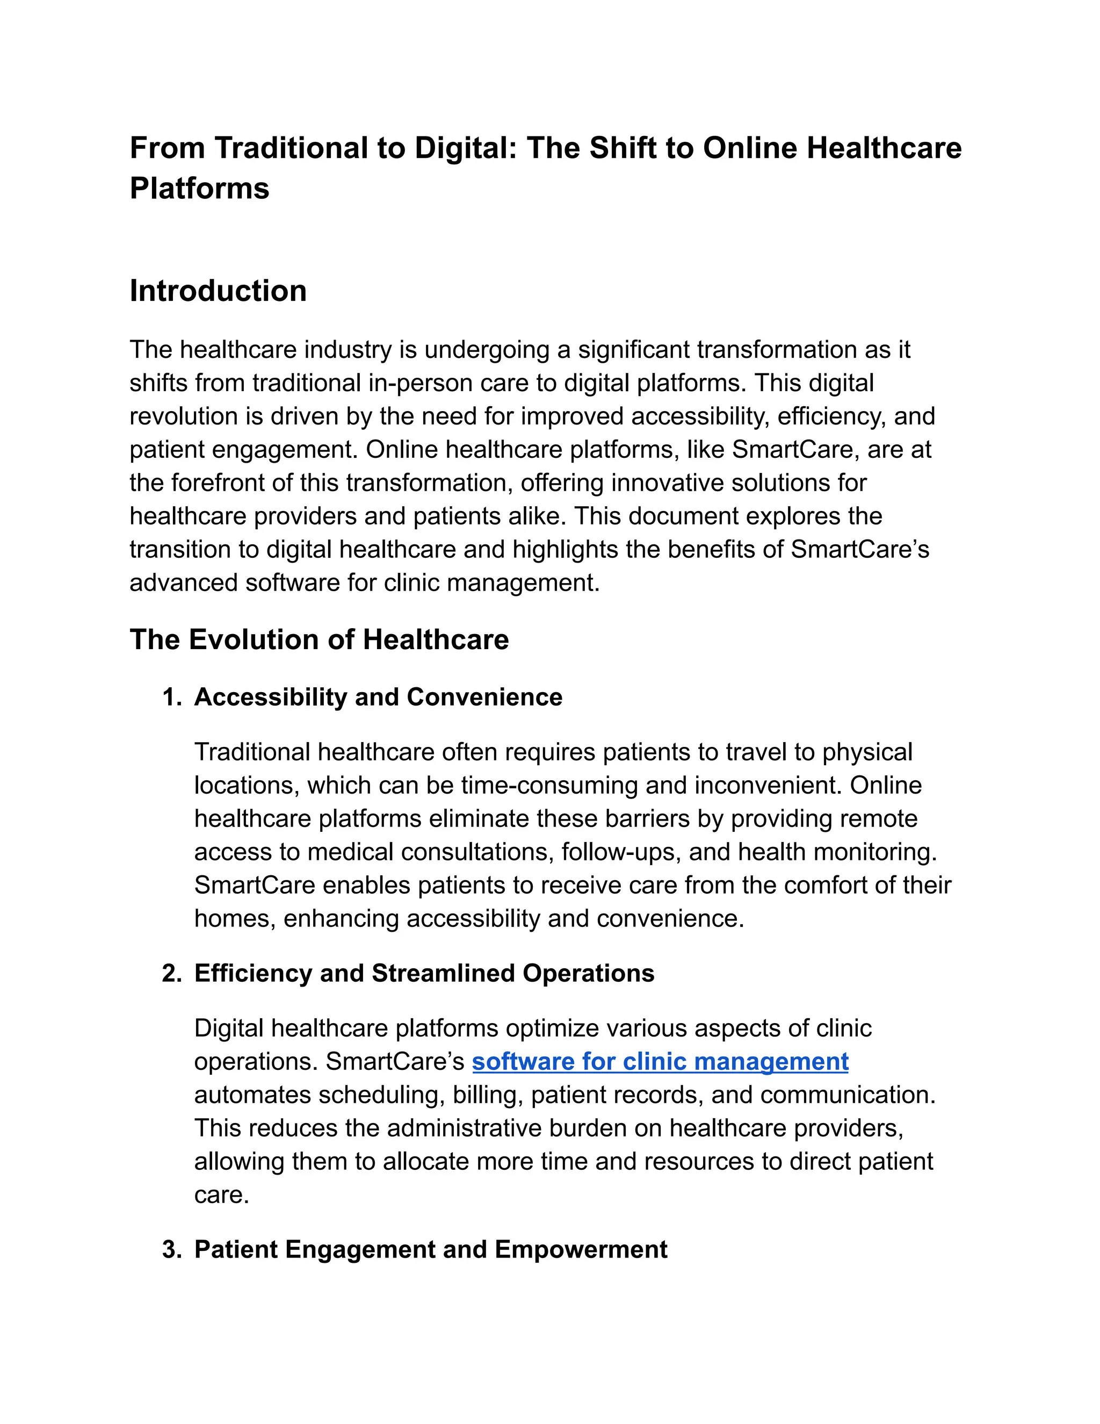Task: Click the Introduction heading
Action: [x=218, y=291]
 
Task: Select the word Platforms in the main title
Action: [x=199, y=189]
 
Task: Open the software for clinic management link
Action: [x=660, y=1061]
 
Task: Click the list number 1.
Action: [x=171, y=697]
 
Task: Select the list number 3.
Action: [x=171, y=1250]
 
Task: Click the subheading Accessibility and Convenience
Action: [x=378, y=697]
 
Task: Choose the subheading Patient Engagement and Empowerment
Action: [x=430, y=1250]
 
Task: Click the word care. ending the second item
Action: [x=222, y=1195]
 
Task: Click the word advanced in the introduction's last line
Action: [x=183, y=583]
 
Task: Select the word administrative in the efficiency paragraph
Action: [x=464, y=1128]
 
